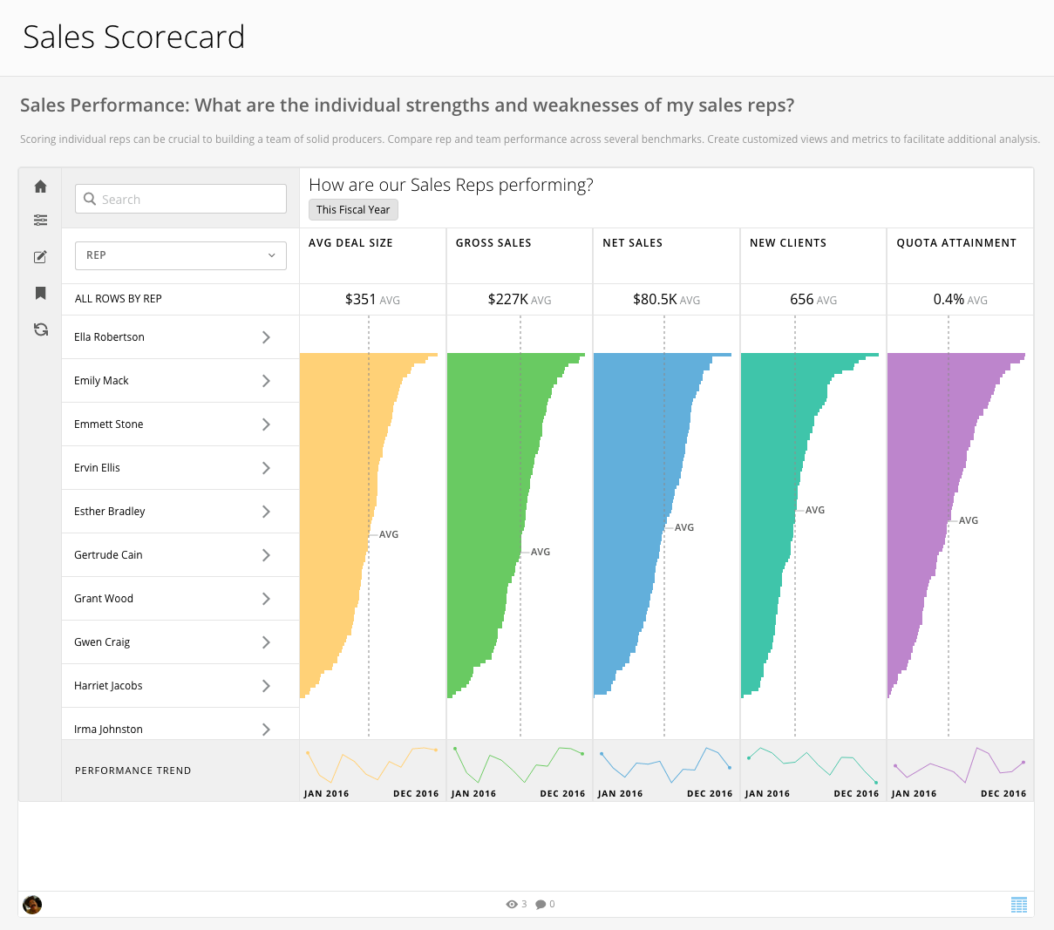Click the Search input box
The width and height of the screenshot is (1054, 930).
click(180, 199)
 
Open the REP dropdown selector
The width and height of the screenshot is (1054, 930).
click(180, 255)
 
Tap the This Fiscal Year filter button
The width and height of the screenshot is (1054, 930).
click(353, 210)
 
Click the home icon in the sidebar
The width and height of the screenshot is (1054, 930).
click(40, 187)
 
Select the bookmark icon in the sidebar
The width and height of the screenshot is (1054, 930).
click(40, 293)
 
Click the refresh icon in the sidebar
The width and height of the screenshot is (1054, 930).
click(40, 329)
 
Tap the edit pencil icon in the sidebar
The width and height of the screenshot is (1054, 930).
click(40, 257)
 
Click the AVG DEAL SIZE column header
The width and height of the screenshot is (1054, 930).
click(350, 243)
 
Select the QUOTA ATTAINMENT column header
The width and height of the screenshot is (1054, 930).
click(956, 243)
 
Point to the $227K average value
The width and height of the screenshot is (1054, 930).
click(507, 300)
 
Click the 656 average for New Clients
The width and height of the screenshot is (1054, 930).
click(802, 300)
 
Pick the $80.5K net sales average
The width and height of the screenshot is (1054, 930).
click(655, 300)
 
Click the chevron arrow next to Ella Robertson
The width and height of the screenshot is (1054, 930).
click(266, 337)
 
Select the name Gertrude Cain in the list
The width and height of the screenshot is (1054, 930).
click(108, 555)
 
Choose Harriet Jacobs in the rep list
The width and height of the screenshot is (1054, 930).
click(108, 686)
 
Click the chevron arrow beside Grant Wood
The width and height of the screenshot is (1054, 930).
click(266, 599)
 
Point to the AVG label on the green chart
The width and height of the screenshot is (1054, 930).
click(541, 552)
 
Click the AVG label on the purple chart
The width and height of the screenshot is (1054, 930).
click(969, 520)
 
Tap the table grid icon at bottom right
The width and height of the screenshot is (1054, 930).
click(1018, 905)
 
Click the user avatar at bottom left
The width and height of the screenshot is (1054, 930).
click(32, 905)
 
